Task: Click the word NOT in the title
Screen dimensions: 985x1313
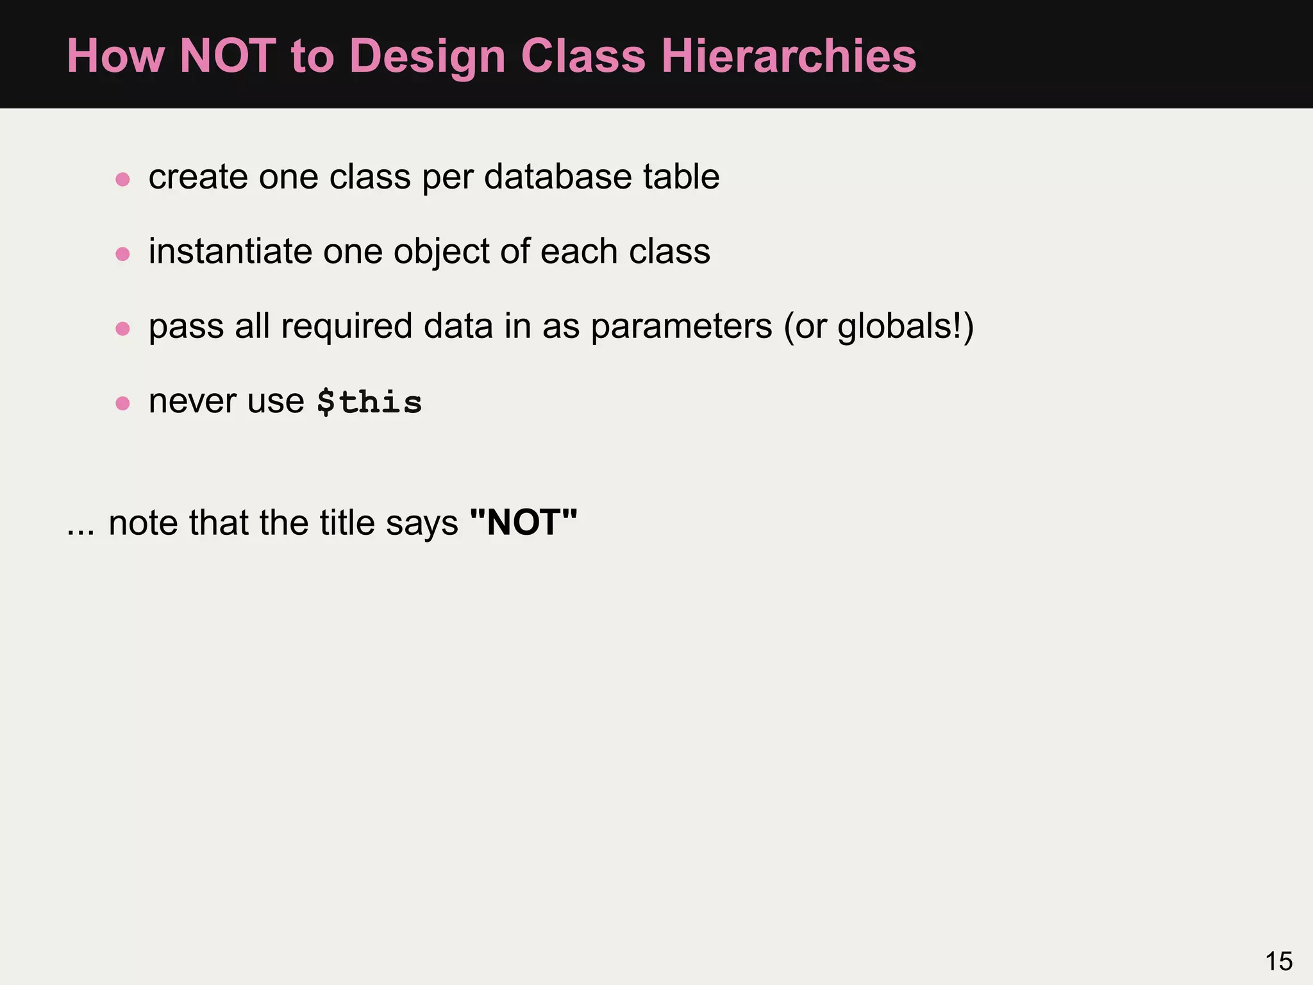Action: (x=228, y=56)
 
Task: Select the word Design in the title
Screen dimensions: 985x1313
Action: (x=428, y=56)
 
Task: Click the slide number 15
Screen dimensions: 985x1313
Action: (x=1278, y=961)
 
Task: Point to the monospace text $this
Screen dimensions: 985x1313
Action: (x=369, y=402)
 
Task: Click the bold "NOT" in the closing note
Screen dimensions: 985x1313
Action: (x=523, y=523)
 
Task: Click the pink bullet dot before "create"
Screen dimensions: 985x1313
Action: (x=122, y=179)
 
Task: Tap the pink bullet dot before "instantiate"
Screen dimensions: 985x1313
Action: (x=122, y=254)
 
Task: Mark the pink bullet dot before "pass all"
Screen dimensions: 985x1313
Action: (x=122, y=329)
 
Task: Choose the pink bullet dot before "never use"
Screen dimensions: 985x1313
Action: (x=122, y=403)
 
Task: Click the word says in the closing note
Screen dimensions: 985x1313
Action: (x=422, y=523)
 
